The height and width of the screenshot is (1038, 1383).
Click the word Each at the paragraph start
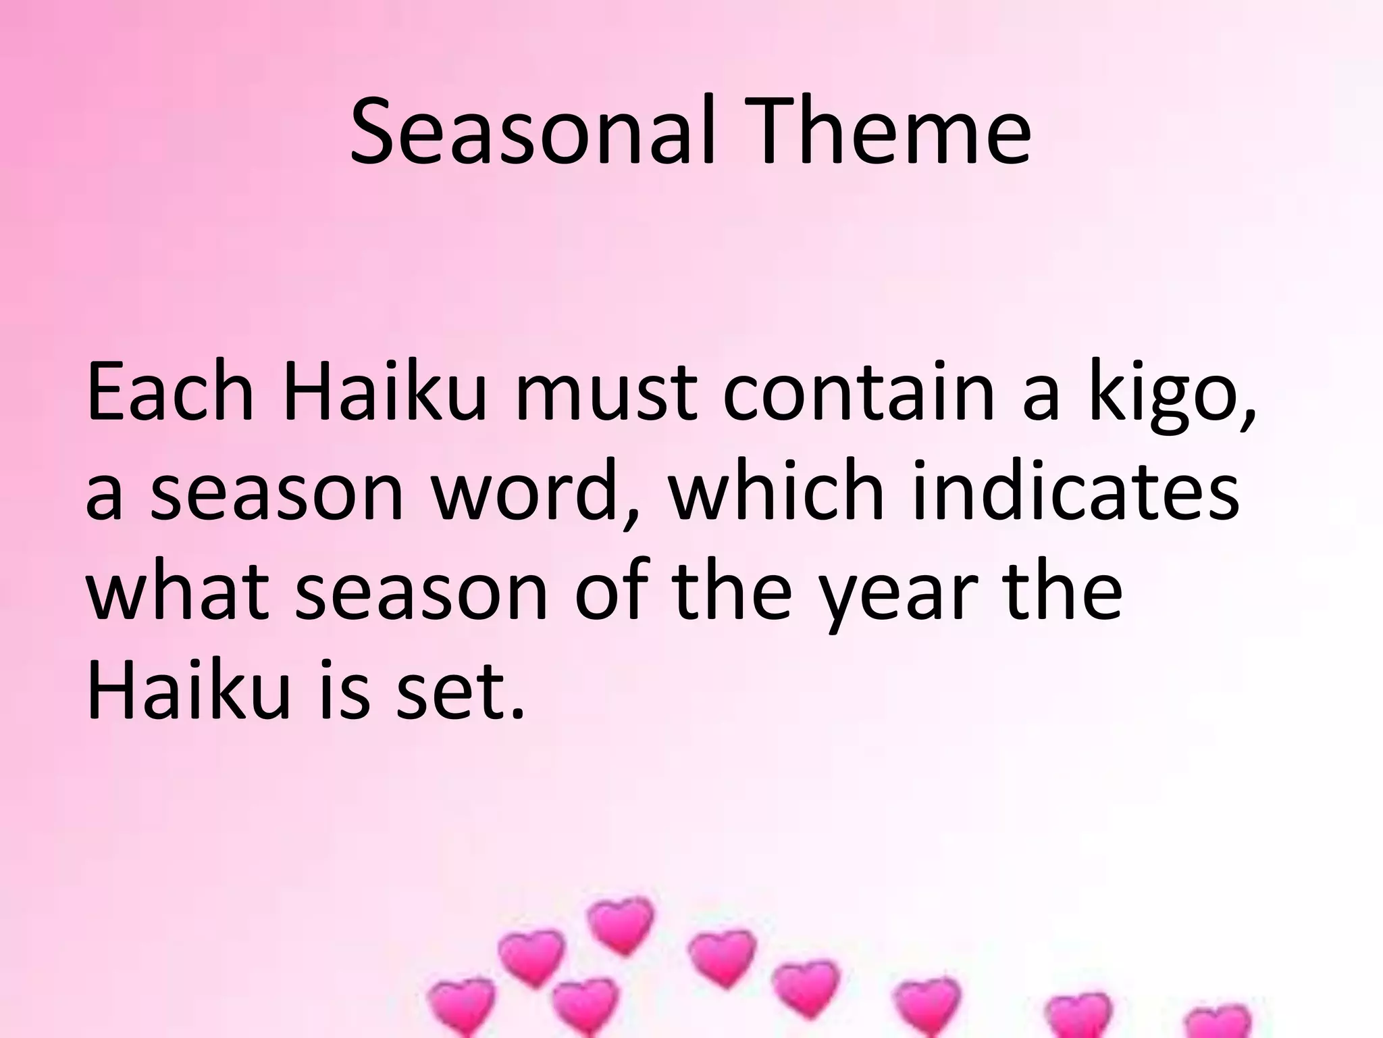(x=169, y=392)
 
